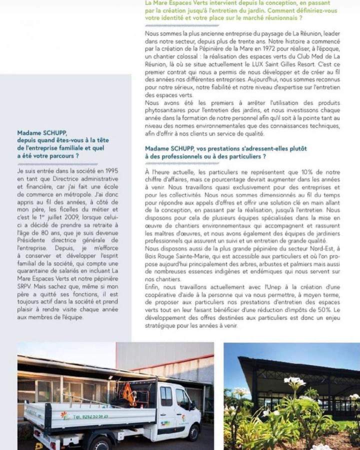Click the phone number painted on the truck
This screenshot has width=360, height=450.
tap(91, 416)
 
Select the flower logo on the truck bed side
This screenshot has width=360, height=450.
tap(63, 415)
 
